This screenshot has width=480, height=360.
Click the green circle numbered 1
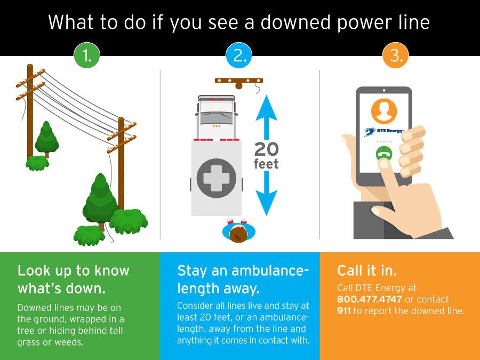pyautogui.click(x=87, y=55)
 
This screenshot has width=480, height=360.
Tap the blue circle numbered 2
pyautogui.click(x=239, y=55)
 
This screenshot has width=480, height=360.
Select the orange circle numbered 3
pyautogui.click(x=396, y=55)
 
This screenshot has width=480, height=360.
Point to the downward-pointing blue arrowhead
pyautogui.click(x=266, y=203)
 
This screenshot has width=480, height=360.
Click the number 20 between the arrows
pyautogui.click(x=266, y=149)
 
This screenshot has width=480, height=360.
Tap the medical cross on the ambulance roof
pyautogui.click(x=217, y=178)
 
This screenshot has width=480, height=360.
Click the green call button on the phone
pyautogui.click(x=384, y=154)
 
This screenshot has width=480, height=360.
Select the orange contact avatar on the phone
pyautogui.click(x=384, y=111)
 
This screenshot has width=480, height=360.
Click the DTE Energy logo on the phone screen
pyautogui.click(x=384, y=131)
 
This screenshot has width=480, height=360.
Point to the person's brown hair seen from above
pyautogui.click(x=238, y=235)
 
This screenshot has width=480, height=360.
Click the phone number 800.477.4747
pyautogui.click(x=370, y=299)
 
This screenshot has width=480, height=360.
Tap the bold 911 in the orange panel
pyautogui.click(x=344, y=311)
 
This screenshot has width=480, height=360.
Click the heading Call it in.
pyautogui.click(x=367, y=270)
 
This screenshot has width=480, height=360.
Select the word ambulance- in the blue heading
pyautogui.click(x=270, y=271)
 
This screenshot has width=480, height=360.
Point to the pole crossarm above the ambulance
pyautogui.click(x=239, y=81)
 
